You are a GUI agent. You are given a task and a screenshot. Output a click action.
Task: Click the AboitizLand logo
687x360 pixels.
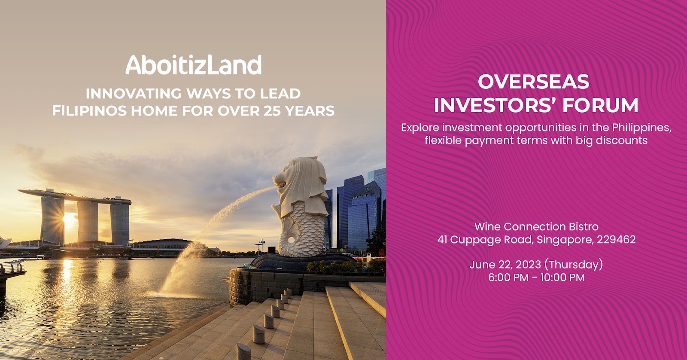click(x=194, y=65)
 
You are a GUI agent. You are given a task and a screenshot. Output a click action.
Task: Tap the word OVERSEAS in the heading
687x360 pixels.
click(x=534, y=82)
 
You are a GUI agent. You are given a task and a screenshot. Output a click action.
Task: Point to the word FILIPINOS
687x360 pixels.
click(x=89, y=111)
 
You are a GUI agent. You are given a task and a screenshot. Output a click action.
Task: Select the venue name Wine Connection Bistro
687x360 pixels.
click(x=536, y=227)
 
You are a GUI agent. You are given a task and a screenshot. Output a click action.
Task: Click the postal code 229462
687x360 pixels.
click(x=616, y=240)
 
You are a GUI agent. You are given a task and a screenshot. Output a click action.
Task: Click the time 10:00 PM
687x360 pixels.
click(x=562, y=278)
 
